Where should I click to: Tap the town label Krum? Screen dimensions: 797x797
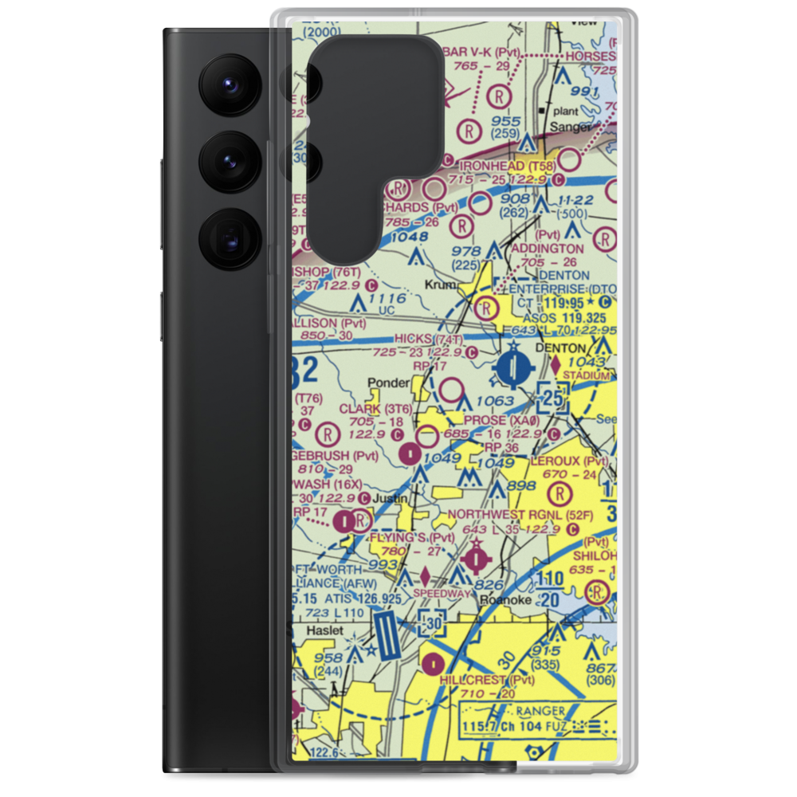click(440, 285)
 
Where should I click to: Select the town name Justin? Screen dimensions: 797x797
click(390, 499)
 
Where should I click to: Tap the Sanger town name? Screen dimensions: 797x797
click(571, 127)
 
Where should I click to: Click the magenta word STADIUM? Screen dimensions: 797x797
click(586, 375)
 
